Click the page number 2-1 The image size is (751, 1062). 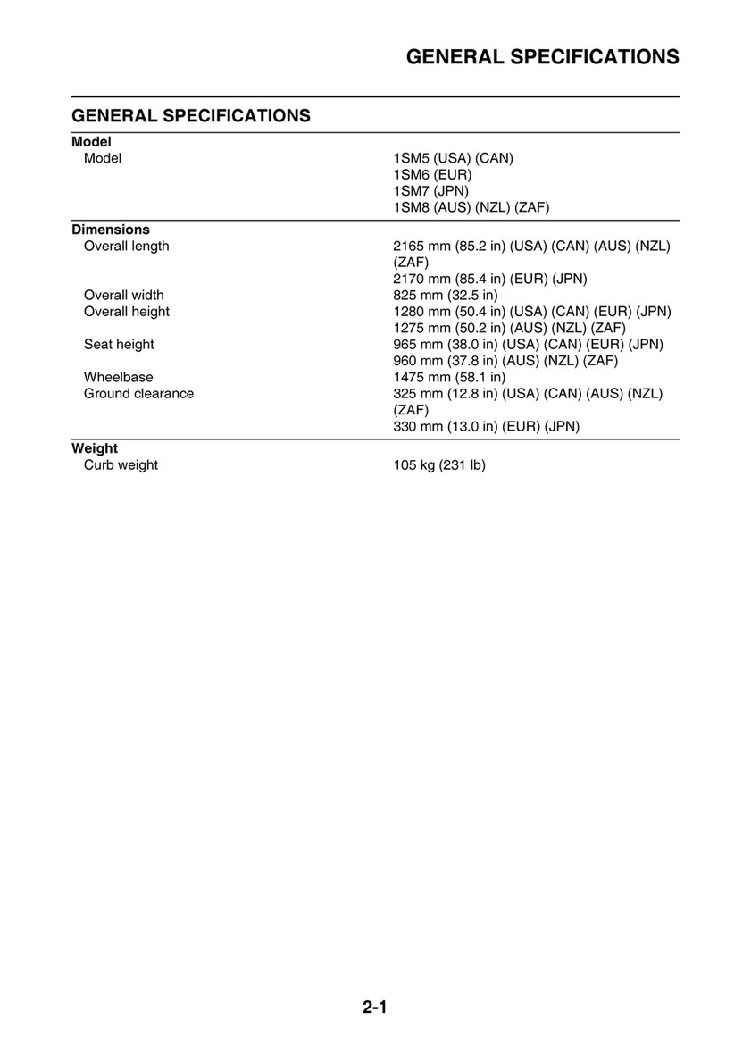(x=374, y=1009)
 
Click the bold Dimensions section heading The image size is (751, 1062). (x=111, y=230)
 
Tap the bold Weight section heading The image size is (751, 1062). (x=95, y=448)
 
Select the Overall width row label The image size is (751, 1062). (x=124, y=295)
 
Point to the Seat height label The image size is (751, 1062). (x=119, y=344)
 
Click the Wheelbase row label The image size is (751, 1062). (x=119, y=377)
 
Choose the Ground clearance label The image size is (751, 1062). (x=138, y=393)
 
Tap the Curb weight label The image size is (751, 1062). (x=121, y=465)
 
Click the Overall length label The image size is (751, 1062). (x=126, y=247)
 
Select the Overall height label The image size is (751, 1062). (x=126, y=312)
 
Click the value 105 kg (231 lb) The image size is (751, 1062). (x=439, y=465)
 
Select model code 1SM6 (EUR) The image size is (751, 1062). (x=432, y=175)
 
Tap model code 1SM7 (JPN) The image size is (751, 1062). (x=431, y=191)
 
